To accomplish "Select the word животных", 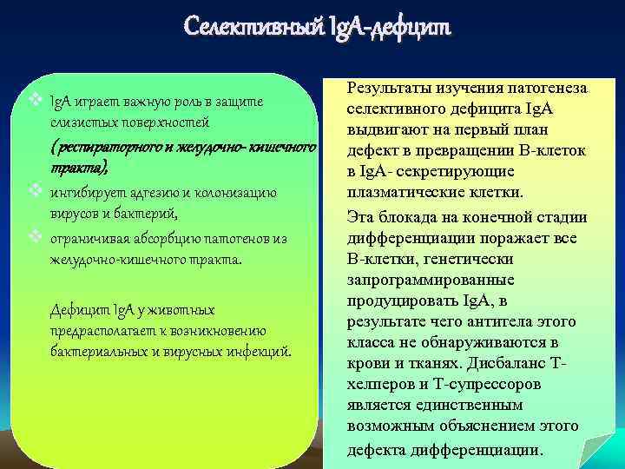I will [x=180, y=309].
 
